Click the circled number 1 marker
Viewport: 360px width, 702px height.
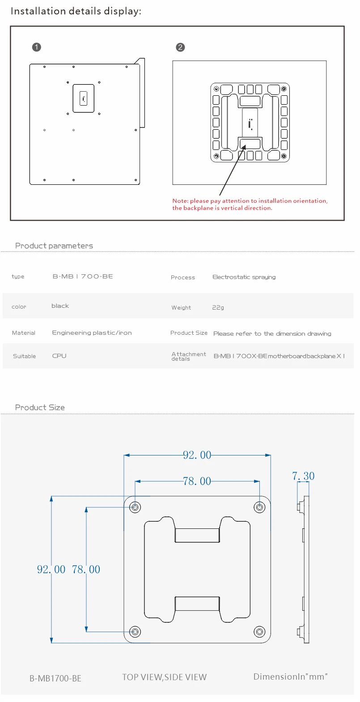pos(37,47)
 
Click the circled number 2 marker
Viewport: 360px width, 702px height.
pos(180,47)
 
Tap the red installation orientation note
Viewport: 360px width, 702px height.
pos(250,204)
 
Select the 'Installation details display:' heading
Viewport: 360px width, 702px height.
pos(76,11)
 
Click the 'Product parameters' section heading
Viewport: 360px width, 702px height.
pos(54,246)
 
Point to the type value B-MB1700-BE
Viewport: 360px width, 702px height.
pos(83,277)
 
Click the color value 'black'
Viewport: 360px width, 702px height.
pos(60,306)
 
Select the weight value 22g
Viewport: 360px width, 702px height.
pos(218,307)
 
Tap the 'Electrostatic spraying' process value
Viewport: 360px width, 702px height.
pos(244,277)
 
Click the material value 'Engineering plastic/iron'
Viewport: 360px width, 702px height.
pos(92,333)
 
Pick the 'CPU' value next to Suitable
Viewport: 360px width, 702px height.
pos(59,356)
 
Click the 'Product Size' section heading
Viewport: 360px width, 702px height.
pos(40,408)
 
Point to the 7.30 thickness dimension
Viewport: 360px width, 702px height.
pos(303,476)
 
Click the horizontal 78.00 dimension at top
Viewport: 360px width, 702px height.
pos(197,481)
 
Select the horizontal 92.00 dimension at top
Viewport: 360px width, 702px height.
pos(197,455)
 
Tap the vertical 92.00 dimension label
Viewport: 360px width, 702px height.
pos(51,570)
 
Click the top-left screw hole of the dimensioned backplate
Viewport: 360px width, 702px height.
pos(135,507)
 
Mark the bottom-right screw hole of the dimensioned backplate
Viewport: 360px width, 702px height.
pos(259,632)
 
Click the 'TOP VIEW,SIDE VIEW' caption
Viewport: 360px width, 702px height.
pos(165,677)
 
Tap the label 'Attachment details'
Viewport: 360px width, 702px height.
pos(188,356)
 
